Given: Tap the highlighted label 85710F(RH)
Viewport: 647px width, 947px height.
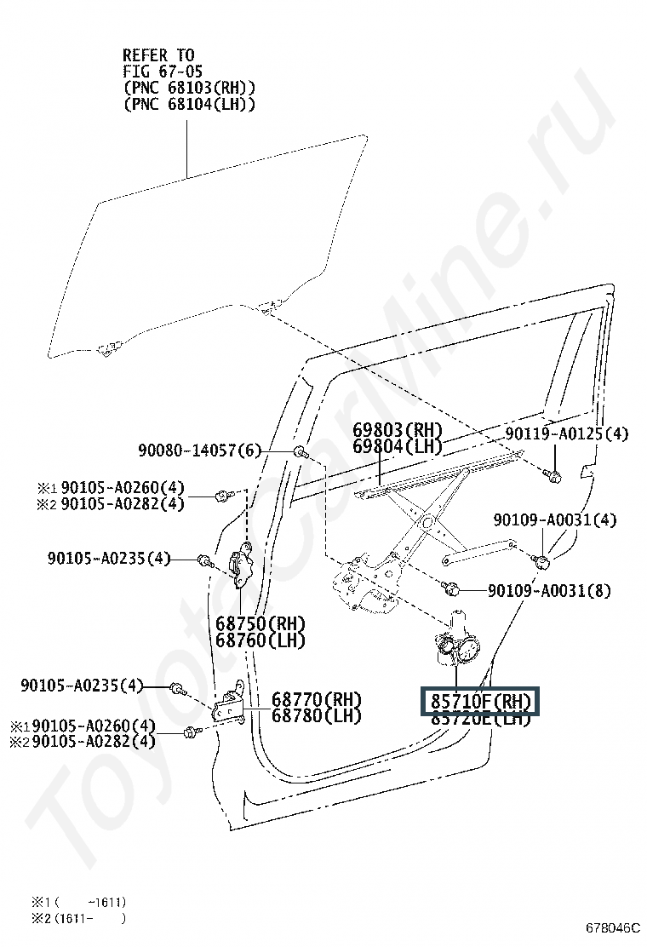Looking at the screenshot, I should [480, 702].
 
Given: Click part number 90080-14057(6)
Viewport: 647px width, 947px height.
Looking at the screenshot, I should [199, 450].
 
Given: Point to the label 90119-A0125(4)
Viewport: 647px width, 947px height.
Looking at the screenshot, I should [566, 434].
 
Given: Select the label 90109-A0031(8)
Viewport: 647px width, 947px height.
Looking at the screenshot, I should [549, 590].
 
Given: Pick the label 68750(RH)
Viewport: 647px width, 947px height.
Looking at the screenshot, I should [260, 623].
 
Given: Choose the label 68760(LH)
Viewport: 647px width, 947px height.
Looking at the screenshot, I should [260, 640].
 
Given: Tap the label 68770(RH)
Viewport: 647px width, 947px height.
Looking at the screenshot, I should [316, 700].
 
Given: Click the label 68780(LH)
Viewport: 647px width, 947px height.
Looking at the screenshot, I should [316, 716].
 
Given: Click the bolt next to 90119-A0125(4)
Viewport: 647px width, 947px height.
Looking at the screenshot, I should [554, 476].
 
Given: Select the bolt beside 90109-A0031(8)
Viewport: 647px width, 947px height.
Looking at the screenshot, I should [452, 588].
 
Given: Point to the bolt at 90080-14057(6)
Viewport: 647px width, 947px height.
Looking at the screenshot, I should [301, 451].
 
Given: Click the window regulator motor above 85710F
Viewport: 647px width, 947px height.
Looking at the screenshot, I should [459, 647].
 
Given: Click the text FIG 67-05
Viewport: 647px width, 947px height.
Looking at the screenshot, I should [163, 72].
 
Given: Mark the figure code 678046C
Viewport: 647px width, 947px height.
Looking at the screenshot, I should [611, 927].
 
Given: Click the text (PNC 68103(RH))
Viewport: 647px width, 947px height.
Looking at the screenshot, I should [189, 88].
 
